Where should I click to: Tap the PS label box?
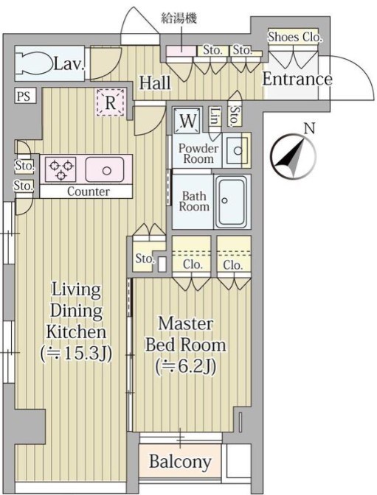(24, 96)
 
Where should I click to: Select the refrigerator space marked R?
(110, 102)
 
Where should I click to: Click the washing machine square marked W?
(188, 120)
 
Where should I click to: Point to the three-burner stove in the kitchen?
(60, 169)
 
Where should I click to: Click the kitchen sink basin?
(104, 169)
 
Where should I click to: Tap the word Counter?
(89, 192)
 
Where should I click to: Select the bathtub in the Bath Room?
(231, 201)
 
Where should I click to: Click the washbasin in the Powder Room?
(237, 150)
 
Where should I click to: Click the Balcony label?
(180, 462)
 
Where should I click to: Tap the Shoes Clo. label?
(295, 38)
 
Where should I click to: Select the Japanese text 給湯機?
(179, 18)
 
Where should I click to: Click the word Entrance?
(297, 79)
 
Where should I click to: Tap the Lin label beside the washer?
(215, 116)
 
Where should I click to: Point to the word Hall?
(155, 82)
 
